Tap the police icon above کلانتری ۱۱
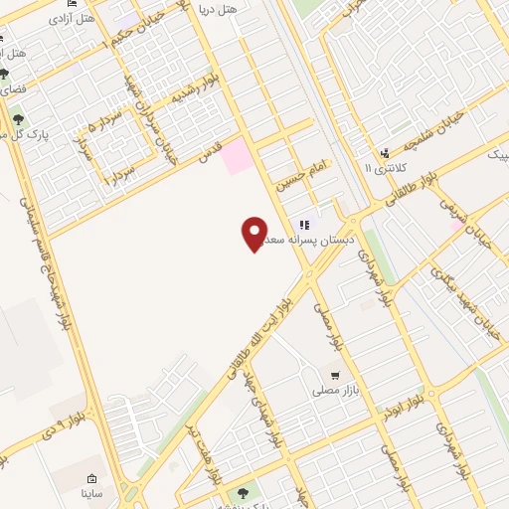coord(384,153)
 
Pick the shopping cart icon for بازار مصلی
coord(335,376)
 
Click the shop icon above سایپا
coord(91,478)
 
